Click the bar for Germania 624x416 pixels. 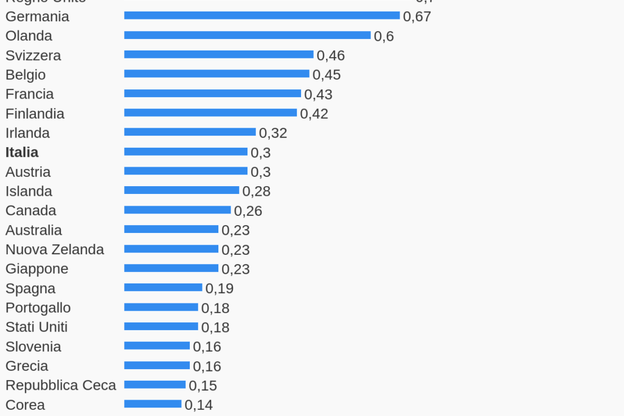[262, 16]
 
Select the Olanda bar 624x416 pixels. [247, 35]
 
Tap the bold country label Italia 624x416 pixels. [22, 152]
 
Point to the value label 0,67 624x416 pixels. [417, 16]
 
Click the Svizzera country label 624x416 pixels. [33, 55]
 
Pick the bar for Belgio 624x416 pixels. [217, 74]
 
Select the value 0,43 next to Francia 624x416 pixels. [318, 94]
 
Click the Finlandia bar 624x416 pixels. [210, 113]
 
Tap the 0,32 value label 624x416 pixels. [273, 133]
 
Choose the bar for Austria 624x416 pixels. [185, 172]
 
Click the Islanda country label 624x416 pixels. [29, 191]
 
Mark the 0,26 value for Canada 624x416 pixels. [248, 211]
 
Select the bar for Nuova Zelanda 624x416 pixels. [171, 249]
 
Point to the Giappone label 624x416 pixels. [36, 269]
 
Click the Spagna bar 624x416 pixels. [163, 288]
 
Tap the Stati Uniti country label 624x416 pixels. [36, 327]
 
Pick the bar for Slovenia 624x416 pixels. [157, 346]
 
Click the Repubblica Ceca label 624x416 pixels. [61, 386]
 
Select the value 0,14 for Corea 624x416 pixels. [199, 405]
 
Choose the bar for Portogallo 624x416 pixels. [161, 307]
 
